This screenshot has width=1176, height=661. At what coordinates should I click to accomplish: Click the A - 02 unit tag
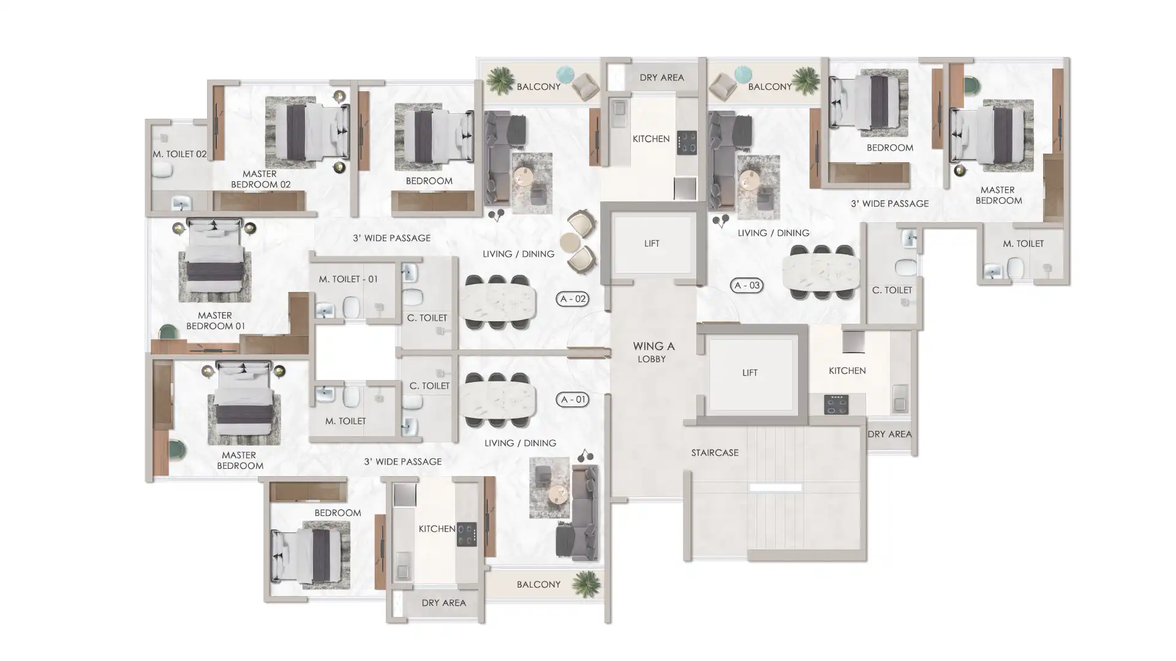572,299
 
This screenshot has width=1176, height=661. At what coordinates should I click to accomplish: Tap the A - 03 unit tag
747,285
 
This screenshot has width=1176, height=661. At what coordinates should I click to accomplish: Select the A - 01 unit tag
572,400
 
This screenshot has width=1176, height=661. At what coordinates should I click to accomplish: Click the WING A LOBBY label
653,352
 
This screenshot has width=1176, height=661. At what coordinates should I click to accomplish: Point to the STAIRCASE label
715,453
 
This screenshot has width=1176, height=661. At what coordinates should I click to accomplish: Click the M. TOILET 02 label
179,154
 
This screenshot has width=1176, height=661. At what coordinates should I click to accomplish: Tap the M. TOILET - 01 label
348,279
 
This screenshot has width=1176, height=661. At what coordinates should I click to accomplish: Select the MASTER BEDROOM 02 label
260,179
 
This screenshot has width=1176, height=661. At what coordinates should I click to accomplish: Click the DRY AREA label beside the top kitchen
661,78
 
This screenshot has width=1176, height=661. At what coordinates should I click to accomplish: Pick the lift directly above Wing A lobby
652,244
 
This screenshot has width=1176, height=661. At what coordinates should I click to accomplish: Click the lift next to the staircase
750,373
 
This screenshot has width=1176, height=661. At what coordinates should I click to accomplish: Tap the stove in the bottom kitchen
466,534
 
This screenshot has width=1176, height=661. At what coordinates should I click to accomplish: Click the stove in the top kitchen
686,143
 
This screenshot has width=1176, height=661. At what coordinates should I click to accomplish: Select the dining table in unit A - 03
821,272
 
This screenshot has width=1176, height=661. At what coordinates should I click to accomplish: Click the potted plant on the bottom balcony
586,583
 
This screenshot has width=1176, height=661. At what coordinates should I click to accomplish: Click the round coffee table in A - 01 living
558,493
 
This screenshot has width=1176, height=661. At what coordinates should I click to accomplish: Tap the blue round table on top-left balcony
565,73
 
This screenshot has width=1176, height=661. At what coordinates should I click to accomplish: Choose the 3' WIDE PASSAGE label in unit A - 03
889,204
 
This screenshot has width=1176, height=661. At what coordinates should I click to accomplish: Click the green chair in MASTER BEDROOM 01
168,332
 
